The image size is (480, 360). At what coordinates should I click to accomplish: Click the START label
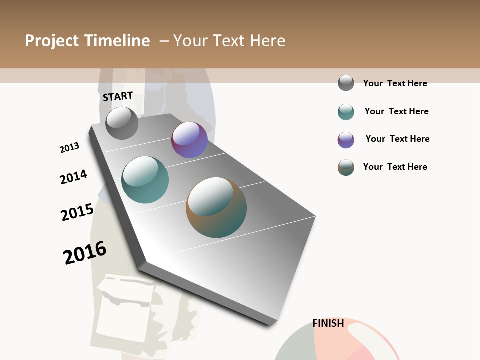tap(118, 96)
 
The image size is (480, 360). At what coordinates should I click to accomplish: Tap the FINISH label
tap(328, 323)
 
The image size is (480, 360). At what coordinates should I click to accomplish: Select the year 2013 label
tap(69, 148)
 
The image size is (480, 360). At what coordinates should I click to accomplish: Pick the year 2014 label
tap(73, 177)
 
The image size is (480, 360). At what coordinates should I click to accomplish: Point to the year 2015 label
tap(77, 212)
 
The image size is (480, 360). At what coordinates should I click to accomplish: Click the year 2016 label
tap(85, 252)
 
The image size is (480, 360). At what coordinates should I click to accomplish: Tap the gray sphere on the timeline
tap(122, 123)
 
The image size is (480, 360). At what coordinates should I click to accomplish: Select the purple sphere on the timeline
tap(189, 140)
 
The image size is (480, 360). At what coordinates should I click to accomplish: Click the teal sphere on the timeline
tap(145, 180)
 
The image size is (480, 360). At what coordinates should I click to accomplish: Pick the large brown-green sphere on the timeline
tap(216, 207)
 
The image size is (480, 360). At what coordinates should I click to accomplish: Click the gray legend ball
tap(346, 83)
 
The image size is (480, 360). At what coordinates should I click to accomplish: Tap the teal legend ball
tap(346, 112)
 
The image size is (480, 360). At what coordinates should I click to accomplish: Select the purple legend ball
tap(346, 140)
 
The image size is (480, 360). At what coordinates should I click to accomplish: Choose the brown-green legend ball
tap(346, 167)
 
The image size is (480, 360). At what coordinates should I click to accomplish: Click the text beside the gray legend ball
tap(395, 83)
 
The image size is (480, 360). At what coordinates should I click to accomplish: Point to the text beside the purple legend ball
tap(397, 139)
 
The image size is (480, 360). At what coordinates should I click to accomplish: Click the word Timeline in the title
tap(117, 41)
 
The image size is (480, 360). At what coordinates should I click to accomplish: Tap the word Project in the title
tap(52, 41)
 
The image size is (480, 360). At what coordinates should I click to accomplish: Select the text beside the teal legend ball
tap(396, 111)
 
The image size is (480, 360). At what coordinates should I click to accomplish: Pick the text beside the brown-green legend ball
tap(395, 167)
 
